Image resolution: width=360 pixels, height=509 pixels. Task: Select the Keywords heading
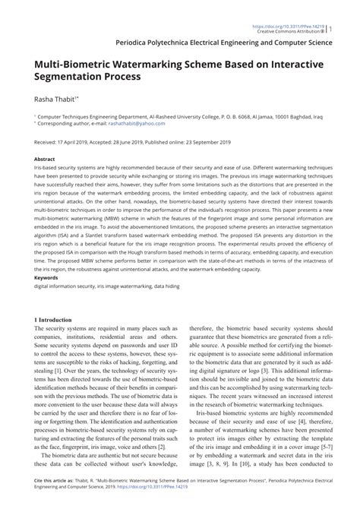coord(46,278)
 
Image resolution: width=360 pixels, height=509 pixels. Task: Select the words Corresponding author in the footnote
coord(62,123)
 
